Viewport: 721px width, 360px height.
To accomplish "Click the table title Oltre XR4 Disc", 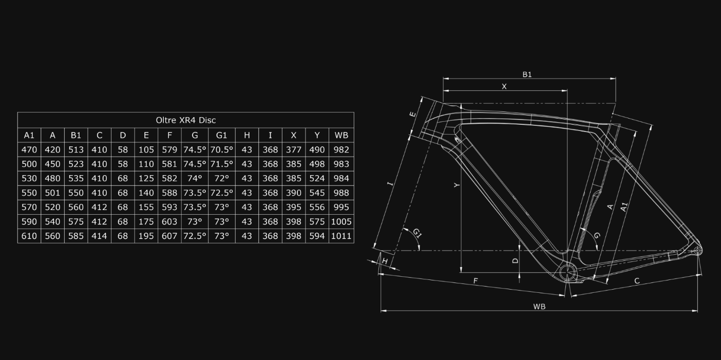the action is click(186, 120).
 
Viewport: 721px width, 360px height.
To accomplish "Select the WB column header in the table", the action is click(341, 135).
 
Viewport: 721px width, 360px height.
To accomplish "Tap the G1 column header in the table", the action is click(221, 135).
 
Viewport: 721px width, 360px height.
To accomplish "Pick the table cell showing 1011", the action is click(341, 236).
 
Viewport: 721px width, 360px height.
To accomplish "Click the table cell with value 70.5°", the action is click(221, 150).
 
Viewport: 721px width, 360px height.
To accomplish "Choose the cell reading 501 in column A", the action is click(52, 193).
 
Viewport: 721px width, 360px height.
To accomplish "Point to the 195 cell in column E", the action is click(146, 236).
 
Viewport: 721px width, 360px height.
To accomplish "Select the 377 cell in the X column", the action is click(294, 150).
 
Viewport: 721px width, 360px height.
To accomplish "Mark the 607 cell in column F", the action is click(169, 236).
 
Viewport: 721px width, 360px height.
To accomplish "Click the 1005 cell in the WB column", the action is click(341, 221).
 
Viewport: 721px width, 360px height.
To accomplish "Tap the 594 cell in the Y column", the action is click(317, 236).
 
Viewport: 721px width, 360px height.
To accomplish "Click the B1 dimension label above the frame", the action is click(527, 74).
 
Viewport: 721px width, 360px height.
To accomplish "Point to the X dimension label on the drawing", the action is click(504, 87).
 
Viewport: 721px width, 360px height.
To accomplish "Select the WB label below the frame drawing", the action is click(539, 307).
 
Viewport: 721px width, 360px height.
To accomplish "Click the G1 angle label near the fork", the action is click(417, 233).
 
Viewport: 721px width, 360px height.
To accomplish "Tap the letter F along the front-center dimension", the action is click(476, 281).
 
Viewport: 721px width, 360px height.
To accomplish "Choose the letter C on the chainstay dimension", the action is click(637, 281).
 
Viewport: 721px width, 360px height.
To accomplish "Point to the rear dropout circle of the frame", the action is click(697, 251).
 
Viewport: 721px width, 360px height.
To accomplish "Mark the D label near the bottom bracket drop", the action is click(515, 260).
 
